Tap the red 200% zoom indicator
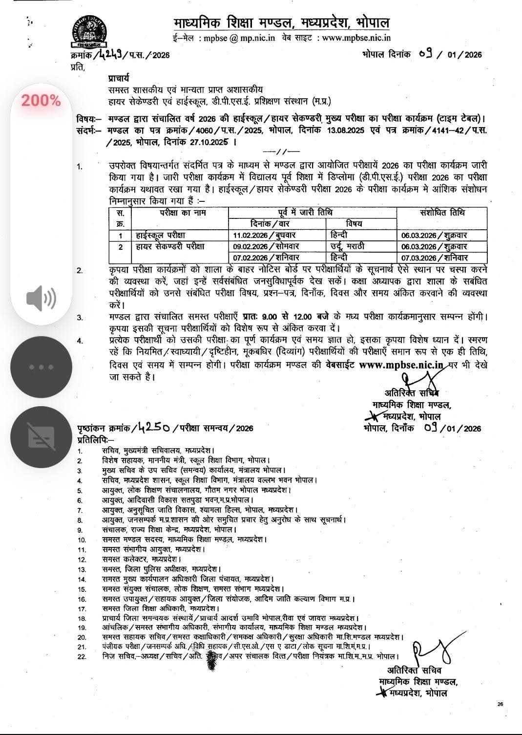(41, 101)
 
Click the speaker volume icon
(41, 297)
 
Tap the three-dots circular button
(41, 367)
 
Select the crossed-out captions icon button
(41, 436)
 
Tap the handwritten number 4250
(154, 428)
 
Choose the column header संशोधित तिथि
(442, 213)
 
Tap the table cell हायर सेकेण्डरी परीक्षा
(170, 246)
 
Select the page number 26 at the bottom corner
(500, 704)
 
